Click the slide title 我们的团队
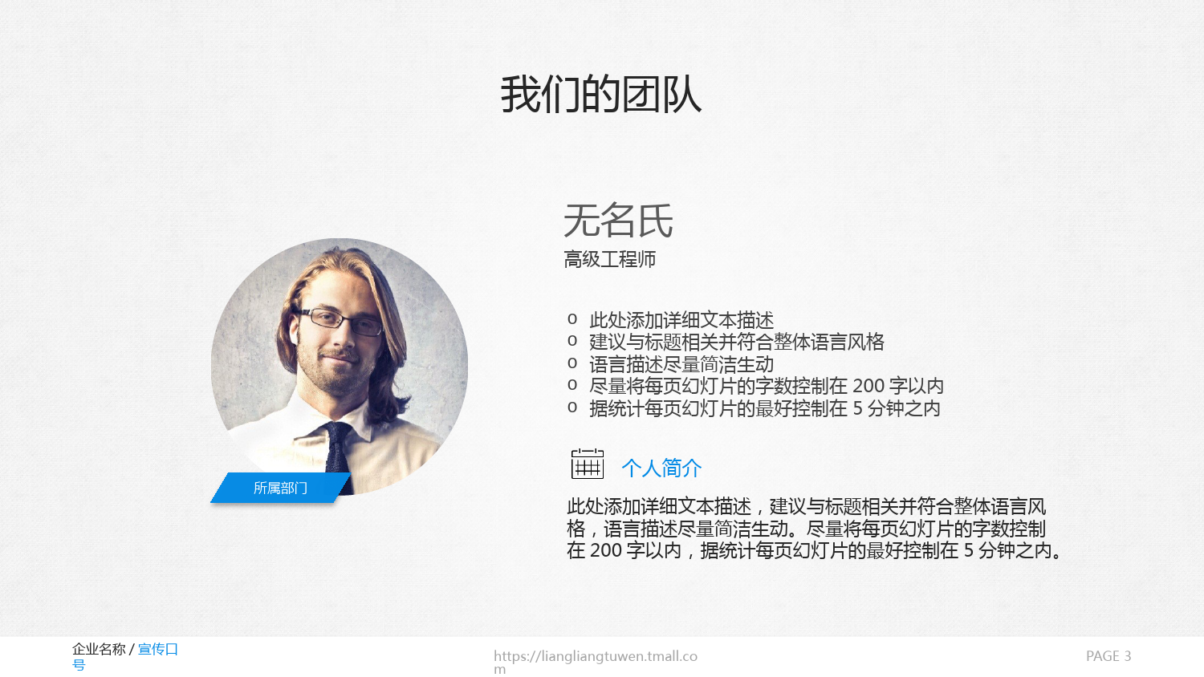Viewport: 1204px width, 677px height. pyautogui.click(x=601, y=95)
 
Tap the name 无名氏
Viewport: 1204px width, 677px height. pyautogui.click(x=618, y=221)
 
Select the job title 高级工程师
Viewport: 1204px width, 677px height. pyautogui.click(x=609, y=260)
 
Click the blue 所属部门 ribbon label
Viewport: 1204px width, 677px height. pyautogui.click(x=280, y=488)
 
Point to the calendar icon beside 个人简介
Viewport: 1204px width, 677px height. pyautogui.click(x=587, y=464)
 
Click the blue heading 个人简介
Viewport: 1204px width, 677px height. pyautogui.click(x=661, y=468)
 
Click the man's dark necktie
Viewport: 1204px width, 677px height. pyautogui.click(x=338, y=456)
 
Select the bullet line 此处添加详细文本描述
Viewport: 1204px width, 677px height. pyautogui.click(x=681, y=320)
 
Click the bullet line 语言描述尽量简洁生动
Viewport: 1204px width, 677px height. pyautogui.click(x=681, y=364)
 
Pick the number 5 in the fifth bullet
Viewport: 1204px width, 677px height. pyautogui.click(x=857, y=408)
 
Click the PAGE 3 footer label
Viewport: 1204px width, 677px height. pyautogui.click(x=1108, y=656)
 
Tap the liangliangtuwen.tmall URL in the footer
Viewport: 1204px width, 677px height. pyautogui.click(x=596, y=662)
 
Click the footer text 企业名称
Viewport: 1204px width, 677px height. pyautogui.click(x=99, y=649)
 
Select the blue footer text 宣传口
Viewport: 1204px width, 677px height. pyautogui.click(x=158, y=649)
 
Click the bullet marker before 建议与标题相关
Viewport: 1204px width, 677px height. pyautogui.click(x=571, y=341)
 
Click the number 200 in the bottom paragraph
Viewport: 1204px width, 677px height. pyautogui.click(x=606, y=551)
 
